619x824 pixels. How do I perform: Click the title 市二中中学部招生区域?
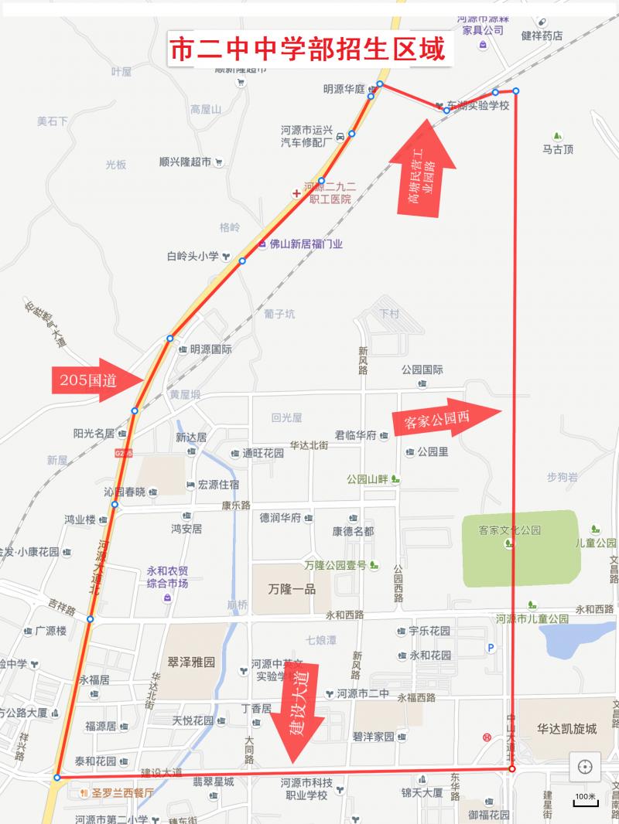click(x=307, y=50)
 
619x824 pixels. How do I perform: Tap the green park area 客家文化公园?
click(x=520, y=547)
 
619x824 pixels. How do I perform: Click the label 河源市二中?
click(x=363, y=693)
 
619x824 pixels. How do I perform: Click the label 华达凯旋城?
click(x=567, y=728)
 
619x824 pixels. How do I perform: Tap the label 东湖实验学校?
click(x=477, y=105)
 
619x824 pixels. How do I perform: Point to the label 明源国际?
click(x=210, y=349)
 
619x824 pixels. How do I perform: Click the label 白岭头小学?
click(x=193, y=256)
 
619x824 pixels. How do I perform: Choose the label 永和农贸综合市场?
click(x=168, y=577)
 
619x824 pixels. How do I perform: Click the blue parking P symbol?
click(x=489, y=648)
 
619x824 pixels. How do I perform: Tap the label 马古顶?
click(x=558, y=149)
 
